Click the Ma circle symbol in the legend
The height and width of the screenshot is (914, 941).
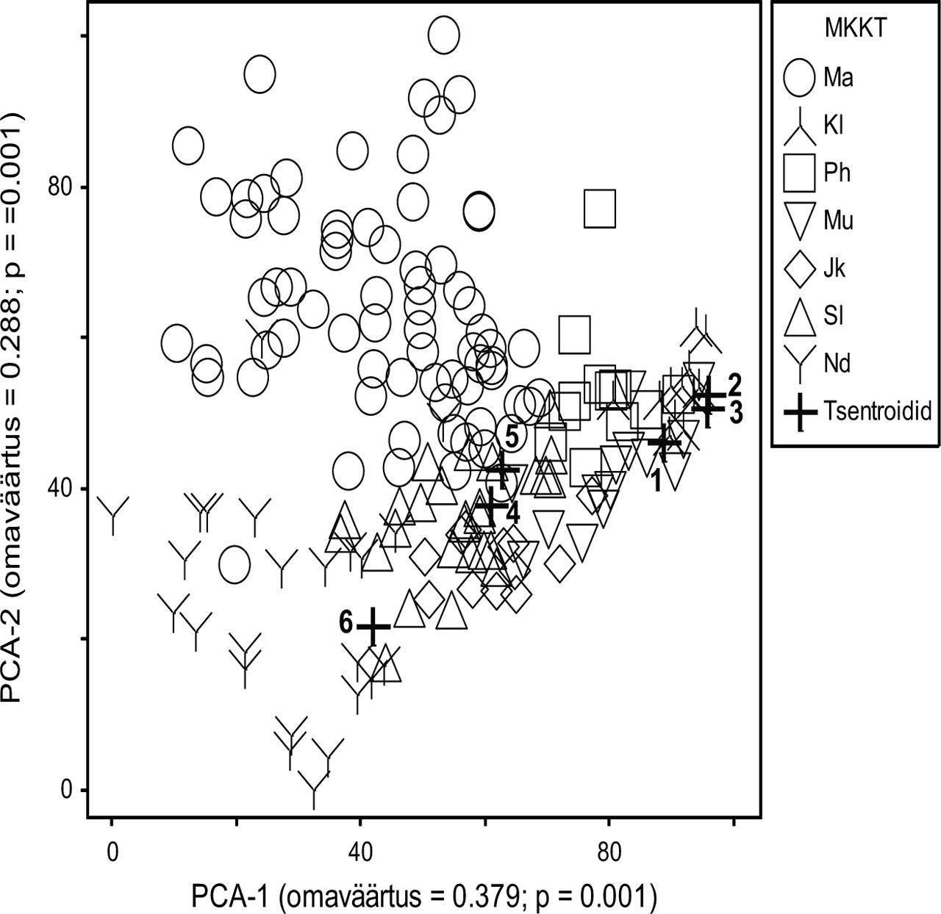tap(799, 77)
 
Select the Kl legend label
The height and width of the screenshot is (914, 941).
tap(833, 126)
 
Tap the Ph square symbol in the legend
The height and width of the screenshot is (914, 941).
tap(799, 173)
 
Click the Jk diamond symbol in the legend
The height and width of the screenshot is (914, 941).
tap(799, 269)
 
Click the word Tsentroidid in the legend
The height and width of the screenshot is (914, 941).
tap(878, 411)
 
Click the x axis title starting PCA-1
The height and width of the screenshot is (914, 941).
tap(423, 896)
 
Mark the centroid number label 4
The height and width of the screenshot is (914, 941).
tap(512, 513)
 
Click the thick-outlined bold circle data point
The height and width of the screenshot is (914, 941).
tap(479, 211)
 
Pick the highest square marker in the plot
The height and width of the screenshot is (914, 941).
tap(599, 209)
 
